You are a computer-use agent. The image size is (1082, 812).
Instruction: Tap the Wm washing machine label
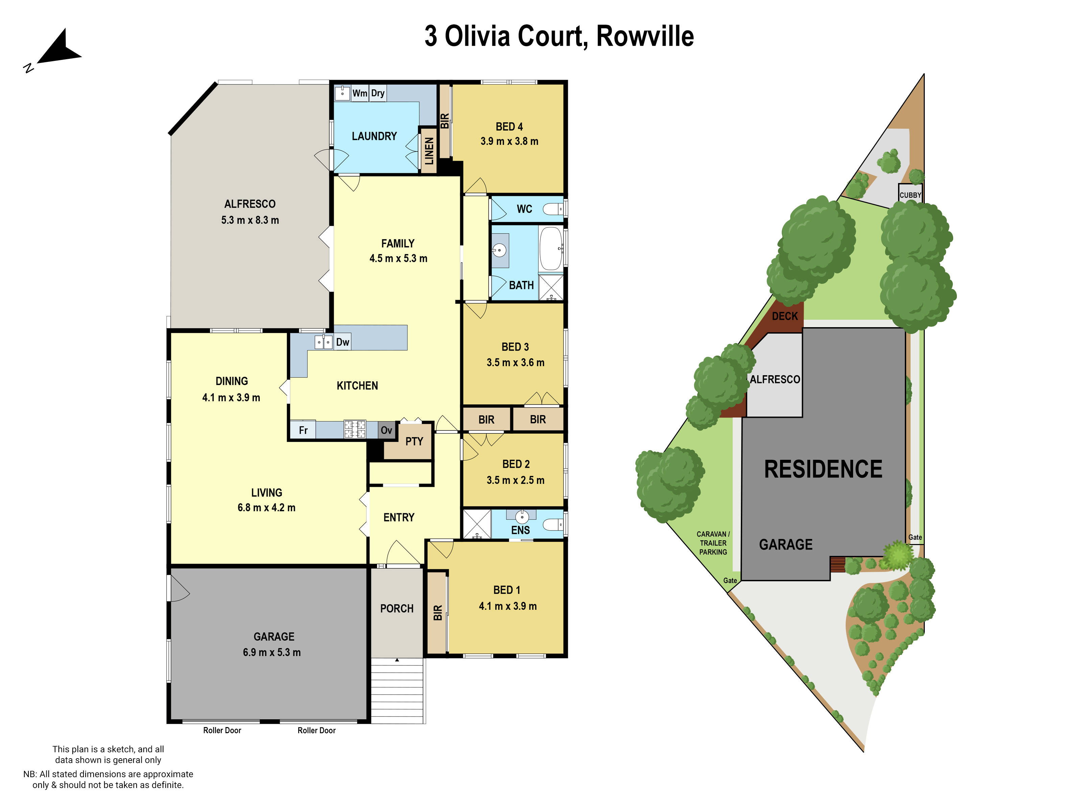[359, 93]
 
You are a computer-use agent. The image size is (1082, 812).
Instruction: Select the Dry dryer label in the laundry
[378, 93]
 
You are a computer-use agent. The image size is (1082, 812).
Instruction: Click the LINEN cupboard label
[429, 151]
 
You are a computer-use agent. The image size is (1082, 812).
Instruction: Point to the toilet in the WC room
[554, 209]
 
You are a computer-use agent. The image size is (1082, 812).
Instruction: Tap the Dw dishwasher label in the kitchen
[343, 342]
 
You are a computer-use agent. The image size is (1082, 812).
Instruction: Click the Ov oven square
[386, 430]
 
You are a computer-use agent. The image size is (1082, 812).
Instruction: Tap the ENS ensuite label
[520, 530]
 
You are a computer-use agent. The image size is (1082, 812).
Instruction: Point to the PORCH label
[397, 608]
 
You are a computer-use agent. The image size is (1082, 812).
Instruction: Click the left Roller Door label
[222, 730]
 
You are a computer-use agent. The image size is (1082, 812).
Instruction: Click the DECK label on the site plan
[784, 316]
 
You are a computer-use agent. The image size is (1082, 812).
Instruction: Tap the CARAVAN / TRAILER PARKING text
[713, 543]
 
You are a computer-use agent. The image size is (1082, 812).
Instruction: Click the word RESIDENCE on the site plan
[823, 469]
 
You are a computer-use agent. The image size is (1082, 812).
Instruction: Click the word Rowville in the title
[645, 36]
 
